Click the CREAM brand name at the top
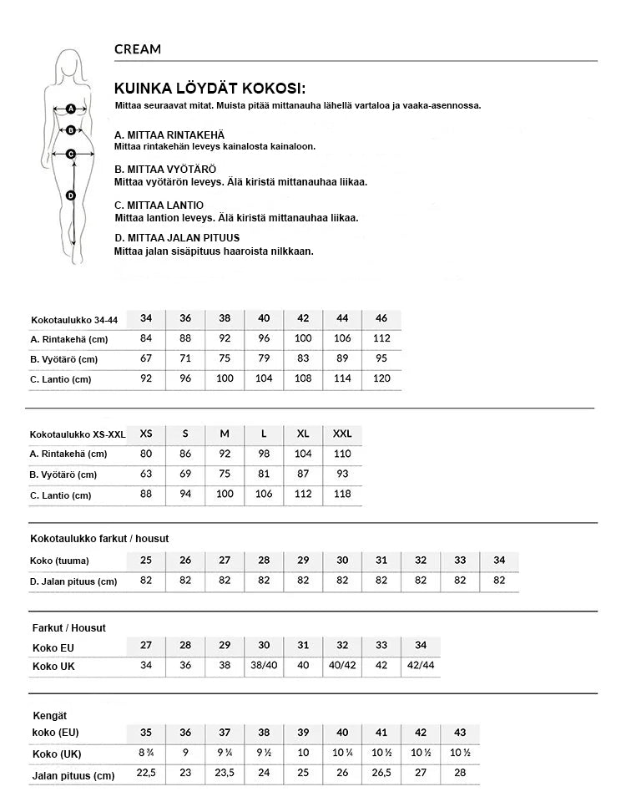click(x=138, y=49)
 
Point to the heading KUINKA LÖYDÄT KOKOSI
click(x=210, y=89)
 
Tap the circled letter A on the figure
click(x=71, y=109)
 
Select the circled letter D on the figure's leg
click(x=71, y=195)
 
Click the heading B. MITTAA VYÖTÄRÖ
click(x=164, y=170)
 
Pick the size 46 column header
click(x=381, y=318)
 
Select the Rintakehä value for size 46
click(x=381, y=338)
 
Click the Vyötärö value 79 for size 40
click(x=264, y=358)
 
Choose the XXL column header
click(x=342, y=434)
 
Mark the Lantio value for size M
click(x=225, y=495)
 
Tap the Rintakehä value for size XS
click(x=146, y=454)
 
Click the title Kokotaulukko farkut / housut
click(x=99, y=539)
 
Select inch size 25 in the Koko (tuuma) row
click(x=146, y=561)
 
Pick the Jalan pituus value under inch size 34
click(x=499, y=581)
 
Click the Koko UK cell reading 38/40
click(x=264, y=666)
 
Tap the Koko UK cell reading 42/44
click(x=421, y=666)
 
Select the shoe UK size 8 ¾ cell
click(x=146, y=753)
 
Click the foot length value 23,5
click(x=225, y=774)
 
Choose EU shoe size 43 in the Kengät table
click(x=460, y=733)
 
